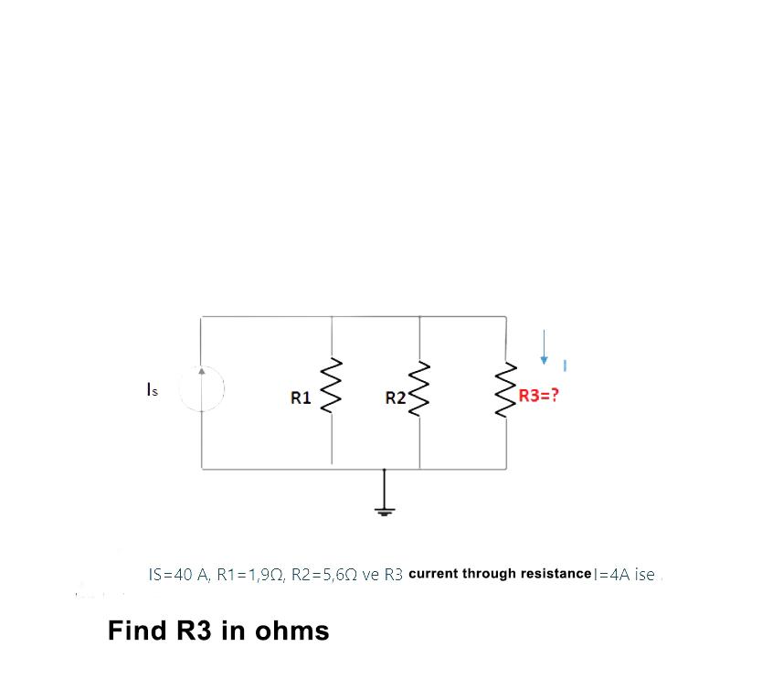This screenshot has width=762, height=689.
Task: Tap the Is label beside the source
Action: [153, 391]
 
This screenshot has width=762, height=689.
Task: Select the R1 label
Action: [301, 398]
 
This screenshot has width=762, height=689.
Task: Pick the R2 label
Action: [396, 398]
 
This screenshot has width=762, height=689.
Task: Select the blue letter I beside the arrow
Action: [566, 366]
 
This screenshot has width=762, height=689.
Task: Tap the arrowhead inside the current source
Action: [202, 373]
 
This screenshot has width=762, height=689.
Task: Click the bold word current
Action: [433, 574]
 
